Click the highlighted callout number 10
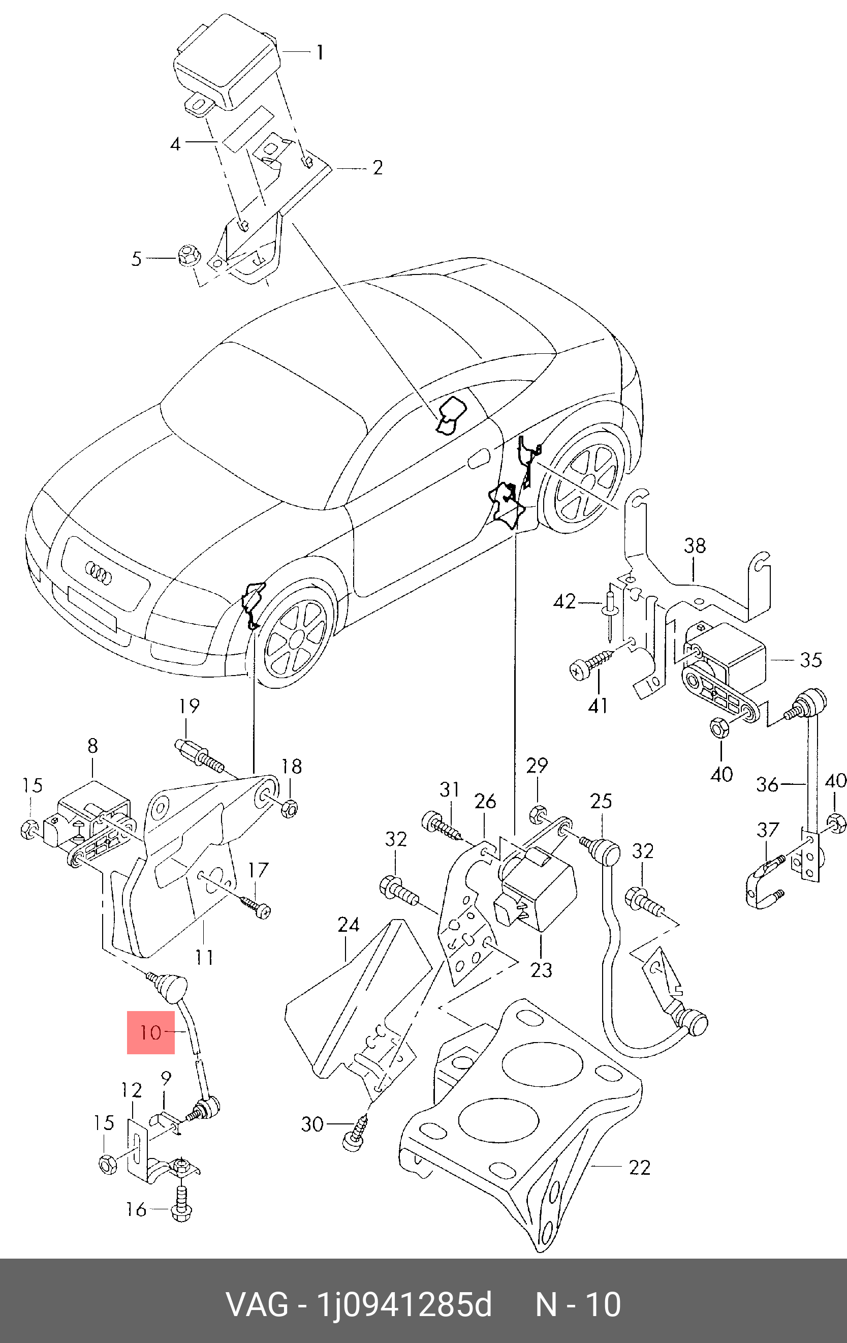150,1032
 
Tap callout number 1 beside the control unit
320,53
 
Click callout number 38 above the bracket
695,545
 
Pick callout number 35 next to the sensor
811,660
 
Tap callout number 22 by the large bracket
640,1167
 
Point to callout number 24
349,925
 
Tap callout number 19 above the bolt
189,706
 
